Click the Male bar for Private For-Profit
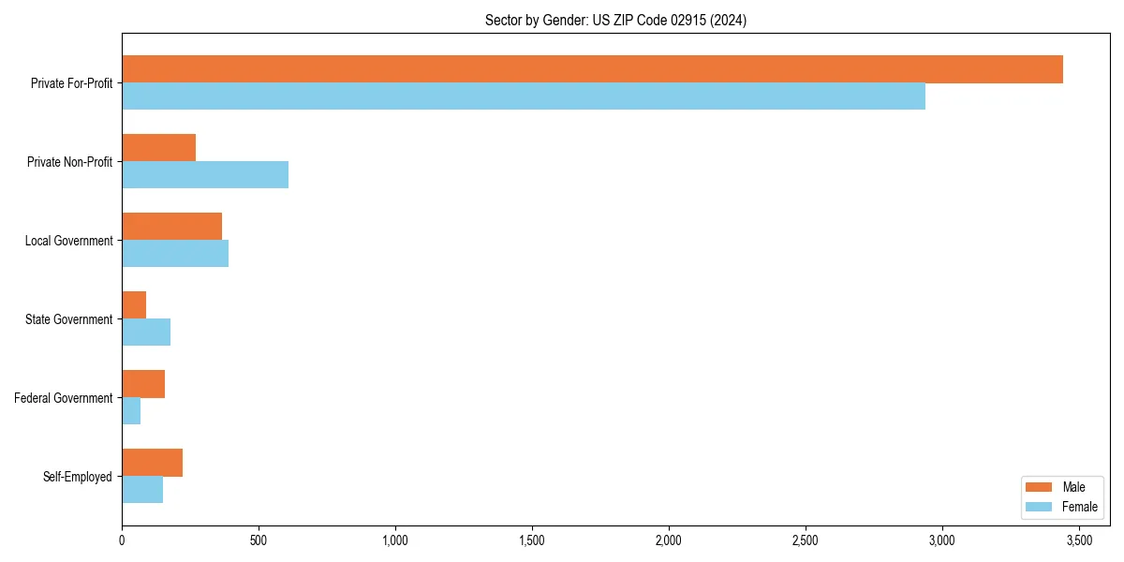point(592,69)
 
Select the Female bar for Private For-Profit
point(524,96)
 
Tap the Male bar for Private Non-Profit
point(159,148)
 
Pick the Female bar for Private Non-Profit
point(205,175)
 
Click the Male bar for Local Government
point(172,227)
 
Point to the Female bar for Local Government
point(175,254)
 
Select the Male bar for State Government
point(134,305)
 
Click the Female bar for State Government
point(146,333)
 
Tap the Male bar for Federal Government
point(143,384)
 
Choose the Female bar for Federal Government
point(131,411)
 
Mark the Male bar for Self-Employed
point(152,463)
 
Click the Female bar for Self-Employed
point(142,490)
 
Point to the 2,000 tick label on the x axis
point(669,540)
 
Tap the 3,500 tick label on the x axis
point(1079,540)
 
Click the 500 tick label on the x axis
point(259,540)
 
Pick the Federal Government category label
point(64,398)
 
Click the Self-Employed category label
point(78,477)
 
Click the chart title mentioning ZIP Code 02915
point(615,20)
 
